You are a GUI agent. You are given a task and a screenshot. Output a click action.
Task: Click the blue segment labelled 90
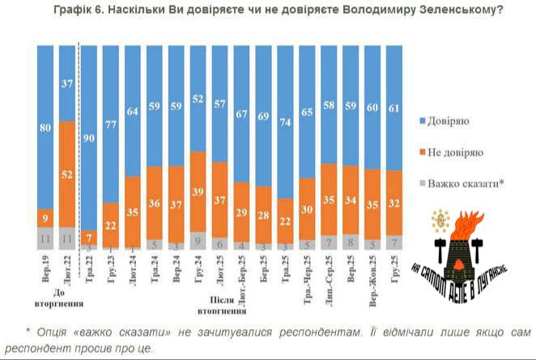89,138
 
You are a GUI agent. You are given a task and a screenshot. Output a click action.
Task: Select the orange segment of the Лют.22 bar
67,173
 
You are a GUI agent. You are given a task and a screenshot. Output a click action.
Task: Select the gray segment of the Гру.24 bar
198,239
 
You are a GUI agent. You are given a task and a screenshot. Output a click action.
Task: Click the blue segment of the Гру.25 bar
395,108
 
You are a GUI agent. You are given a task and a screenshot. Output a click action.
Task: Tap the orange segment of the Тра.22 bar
89,237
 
